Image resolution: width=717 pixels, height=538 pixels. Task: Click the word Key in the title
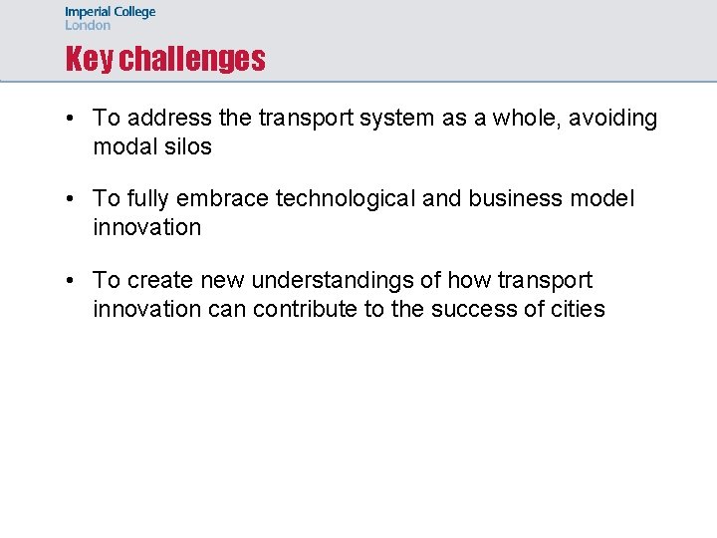click(x=90, y=60)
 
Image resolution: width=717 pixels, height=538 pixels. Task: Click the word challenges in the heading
click(x=192, y=60)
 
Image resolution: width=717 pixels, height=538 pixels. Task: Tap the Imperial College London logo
click(x=110, y=19)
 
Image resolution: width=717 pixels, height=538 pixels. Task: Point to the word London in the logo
click(x=88, y=26)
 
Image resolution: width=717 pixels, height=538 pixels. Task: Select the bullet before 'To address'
click(x=72, y=119)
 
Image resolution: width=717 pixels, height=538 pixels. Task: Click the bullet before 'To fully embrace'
click(x=72, y=199)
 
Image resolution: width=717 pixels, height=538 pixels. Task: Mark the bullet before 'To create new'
click(x=72, y=281)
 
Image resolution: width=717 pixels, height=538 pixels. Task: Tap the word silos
click(x=189, y=146)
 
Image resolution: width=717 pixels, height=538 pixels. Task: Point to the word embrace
click(x=226, y=199)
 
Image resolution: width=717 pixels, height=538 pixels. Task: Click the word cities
click(x=578, y=309)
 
